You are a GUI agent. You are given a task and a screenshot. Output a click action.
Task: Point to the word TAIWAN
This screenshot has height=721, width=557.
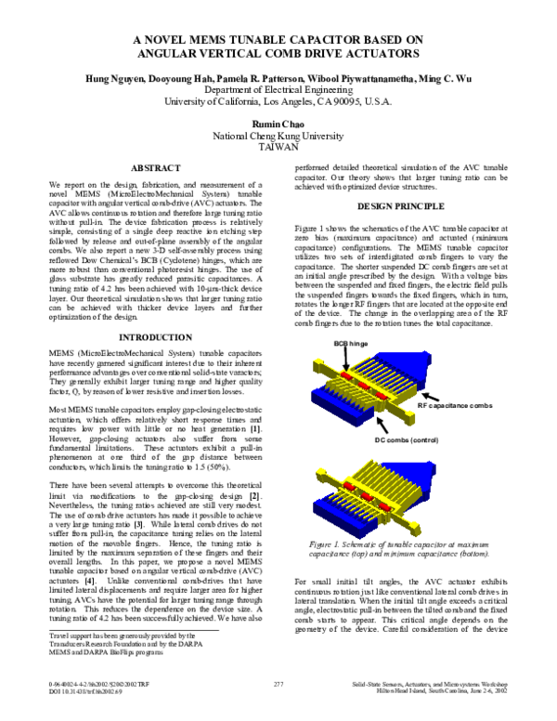(278, 147)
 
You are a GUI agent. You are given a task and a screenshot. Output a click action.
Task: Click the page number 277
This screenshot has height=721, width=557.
(278, 683)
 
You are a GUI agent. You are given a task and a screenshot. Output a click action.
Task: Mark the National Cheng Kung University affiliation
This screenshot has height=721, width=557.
(278, 135)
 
